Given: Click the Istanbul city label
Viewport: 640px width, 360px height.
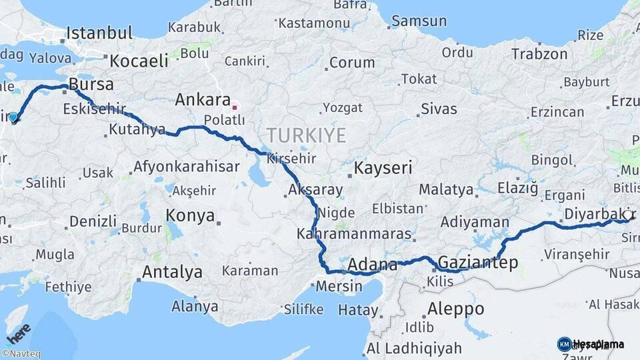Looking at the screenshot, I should click(99, 33).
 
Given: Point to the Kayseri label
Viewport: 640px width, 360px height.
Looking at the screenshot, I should click(383, 168).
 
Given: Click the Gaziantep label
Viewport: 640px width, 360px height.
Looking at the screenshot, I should click(479, 263).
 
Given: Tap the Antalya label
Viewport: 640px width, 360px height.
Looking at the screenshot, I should click(172, 272).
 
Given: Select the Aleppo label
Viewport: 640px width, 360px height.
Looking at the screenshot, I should click(456, 309).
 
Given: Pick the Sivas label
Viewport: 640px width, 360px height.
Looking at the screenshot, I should click(439, 109).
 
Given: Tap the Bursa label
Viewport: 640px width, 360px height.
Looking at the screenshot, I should click(91, 85).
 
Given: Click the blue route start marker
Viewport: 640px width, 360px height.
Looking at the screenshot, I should click(13, 118).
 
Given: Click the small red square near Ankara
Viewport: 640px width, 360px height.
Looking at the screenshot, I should click(234, 107).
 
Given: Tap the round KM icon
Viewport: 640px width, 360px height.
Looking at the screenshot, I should click(564, 345).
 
